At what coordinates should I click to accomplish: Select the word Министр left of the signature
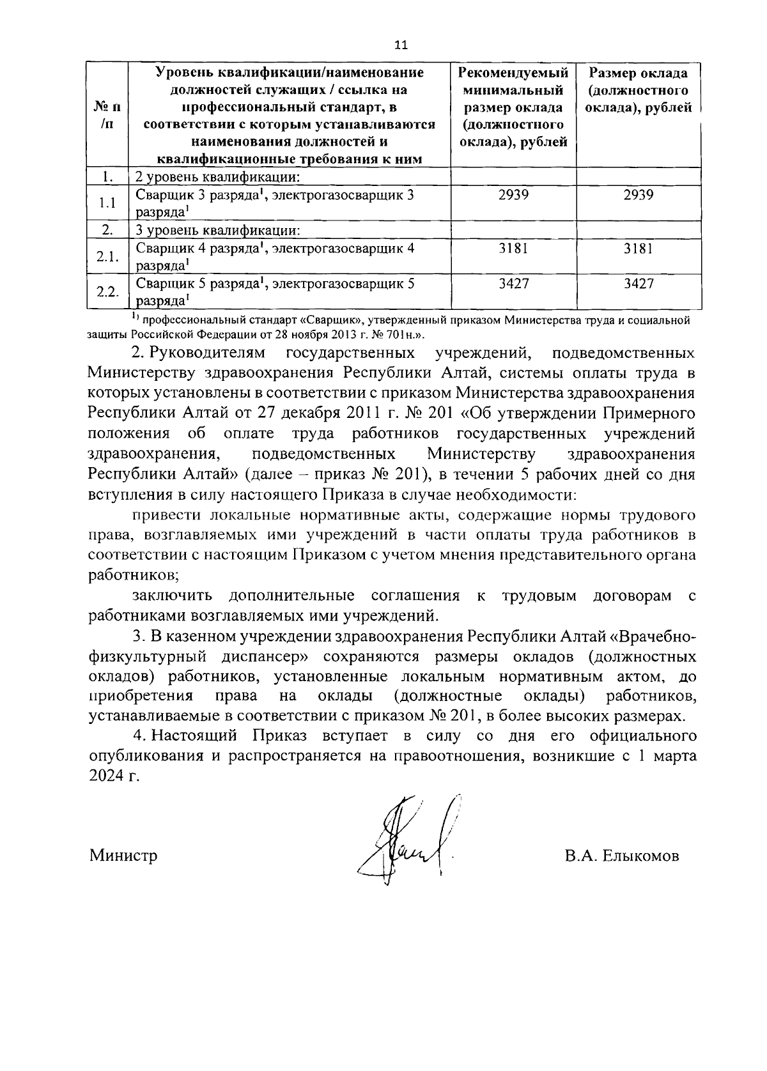123,855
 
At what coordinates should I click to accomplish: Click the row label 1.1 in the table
107,203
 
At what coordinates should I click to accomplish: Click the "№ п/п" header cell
107,115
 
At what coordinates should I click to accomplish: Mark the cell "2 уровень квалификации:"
218,176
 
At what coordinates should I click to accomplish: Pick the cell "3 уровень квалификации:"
218,230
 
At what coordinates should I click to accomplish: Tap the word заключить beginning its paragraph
172,596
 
